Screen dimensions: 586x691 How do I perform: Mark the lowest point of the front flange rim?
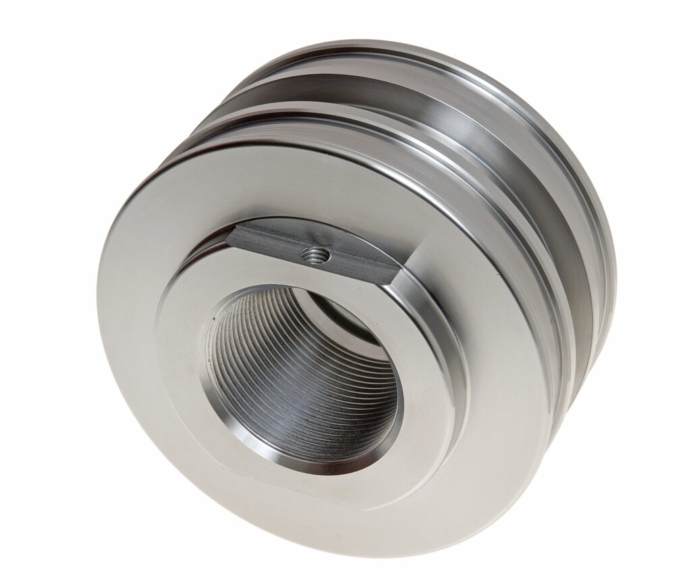(x=378, y=540)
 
